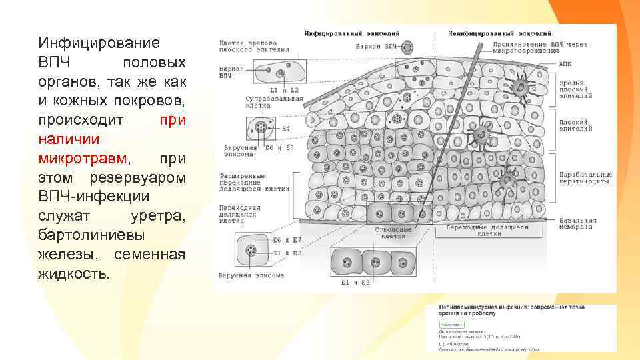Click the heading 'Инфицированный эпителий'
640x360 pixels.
[343, 33]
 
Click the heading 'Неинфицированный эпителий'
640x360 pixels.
[499, 33]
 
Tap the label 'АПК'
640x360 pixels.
[565, 64]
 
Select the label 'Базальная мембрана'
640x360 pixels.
[575, 223]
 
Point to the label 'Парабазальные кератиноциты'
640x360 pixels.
[585, 178]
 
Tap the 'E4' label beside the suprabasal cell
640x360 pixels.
[286, 127]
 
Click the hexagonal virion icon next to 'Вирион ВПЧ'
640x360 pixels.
[409, 47]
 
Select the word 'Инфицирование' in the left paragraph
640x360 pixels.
[99, 43]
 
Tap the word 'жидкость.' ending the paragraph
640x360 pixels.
[73, 274]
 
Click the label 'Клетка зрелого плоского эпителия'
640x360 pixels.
[254, 46]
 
